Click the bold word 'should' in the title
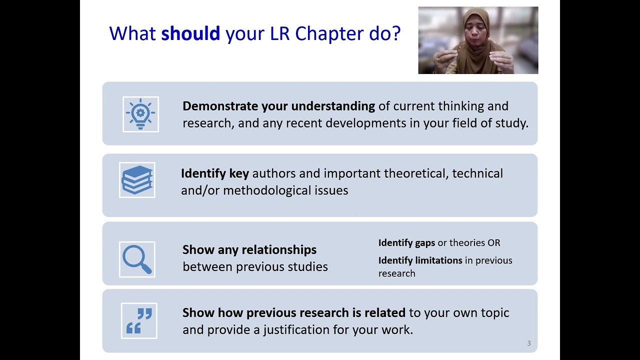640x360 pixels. [190, 33]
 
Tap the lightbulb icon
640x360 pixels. [140, 114]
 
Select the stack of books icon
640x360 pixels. [137, 180]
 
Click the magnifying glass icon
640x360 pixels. [137, 259]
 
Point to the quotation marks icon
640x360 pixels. [139, 320]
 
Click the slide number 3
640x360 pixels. [528, 343]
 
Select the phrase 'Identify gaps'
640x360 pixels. [406, 242]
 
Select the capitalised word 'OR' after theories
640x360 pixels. [493, 242]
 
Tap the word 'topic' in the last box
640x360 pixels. [495, 312]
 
